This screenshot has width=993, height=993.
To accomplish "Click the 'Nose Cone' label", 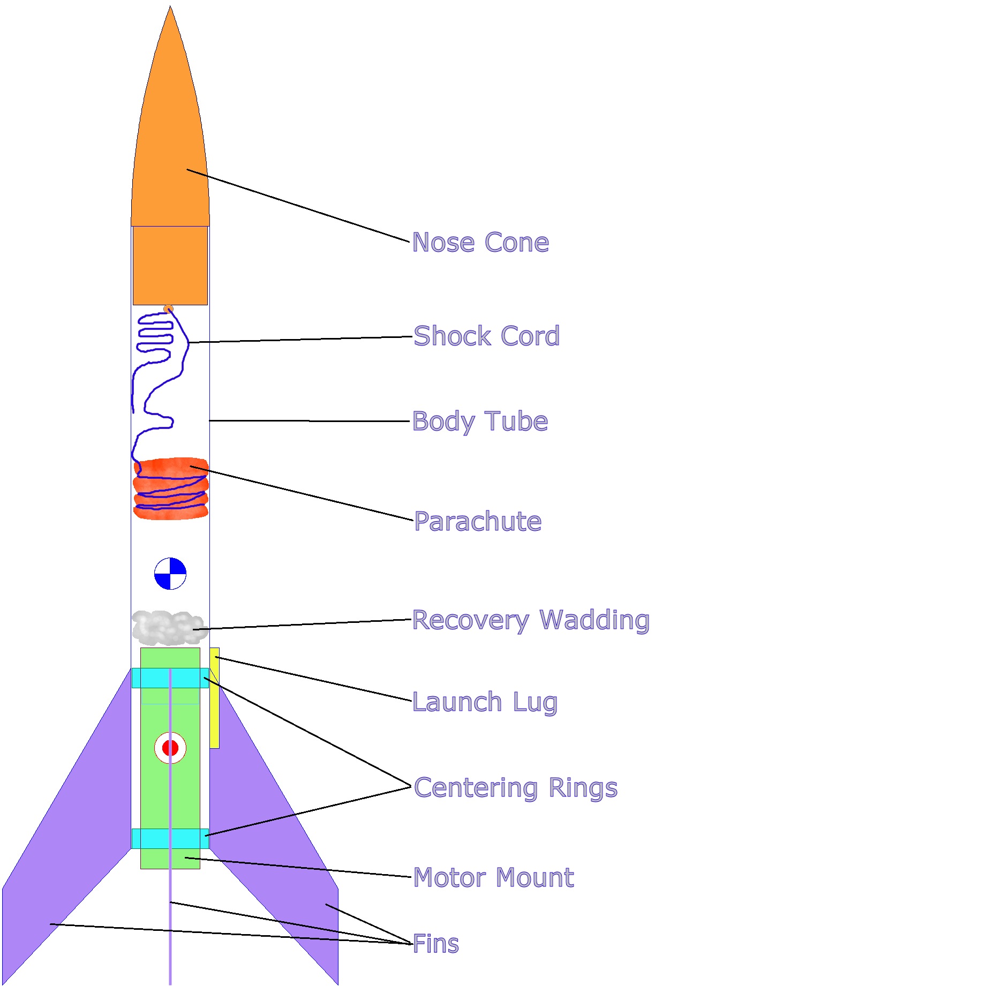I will [x=480, y=243].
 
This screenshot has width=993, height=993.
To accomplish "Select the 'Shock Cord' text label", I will [x=486, y=336].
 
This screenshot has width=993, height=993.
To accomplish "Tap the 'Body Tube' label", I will [x=480, y=422].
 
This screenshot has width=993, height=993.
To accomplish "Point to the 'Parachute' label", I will [x=478, y=522].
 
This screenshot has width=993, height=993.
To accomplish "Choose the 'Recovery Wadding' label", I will [x=530, y=620].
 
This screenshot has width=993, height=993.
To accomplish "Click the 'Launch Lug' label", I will [x=485, y=702].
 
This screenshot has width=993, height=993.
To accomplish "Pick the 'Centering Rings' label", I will [x=516, y=788].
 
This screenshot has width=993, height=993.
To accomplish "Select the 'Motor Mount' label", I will [x=493, y=878].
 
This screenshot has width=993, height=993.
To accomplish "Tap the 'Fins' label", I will [x=436, y=944].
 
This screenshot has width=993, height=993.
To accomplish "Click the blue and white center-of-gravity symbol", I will [x=170, y=574].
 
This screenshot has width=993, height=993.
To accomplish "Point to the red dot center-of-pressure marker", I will [x=170, y=748].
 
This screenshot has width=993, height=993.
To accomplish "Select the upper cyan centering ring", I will [x=170, y=678].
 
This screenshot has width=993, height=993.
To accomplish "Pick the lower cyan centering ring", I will [x=170, y=839].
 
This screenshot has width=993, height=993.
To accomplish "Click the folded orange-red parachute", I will [x=170, y=488].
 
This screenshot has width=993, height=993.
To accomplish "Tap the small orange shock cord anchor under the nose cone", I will [x=168, y=309].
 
